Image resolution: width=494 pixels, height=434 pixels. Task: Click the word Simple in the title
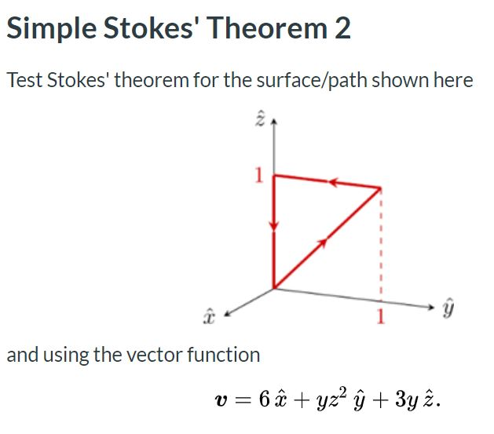coord(49,28)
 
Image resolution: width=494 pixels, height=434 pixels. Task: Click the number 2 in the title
coord(342,28)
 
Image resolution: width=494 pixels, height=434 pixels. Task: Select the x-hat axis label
coord(209,315)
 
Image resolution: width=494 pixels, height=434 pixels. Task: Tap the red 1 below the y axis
coord(381,318)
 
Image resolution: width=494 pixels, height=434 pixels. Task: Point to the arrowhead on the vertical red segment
coord(273,224)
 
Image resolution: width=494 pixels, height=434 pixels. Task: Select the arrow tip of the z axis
coord(273,125)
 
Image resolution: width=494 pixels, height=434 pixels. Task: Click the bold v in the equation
coord(221,401)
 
